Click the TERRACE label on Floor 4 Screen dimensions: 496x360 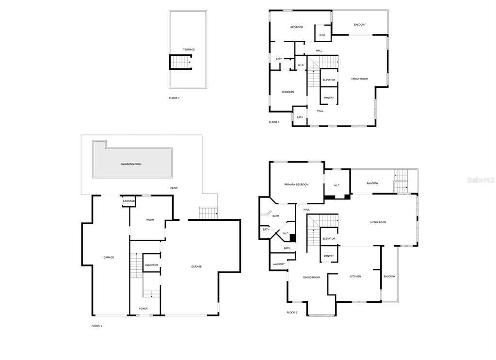(x=189, y=49)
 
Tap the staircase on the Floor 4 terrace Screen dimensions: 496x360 (x=181, y=62)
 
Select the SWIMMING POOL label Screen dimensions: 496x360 (x=131, y=164)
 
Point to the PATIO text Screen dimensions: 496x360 (x=174, y=188)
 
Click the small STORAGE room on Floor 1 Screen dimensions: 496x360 (x=129, y=201)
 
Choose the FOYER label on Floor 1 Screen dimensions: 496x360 (x=144, y=309)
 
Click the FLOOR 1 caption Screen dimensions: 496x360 (x=97, y=326)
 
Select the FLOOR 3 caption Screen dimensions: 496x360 (x=274, y=122)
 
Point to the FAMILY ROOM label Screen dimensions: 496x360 (x=360, y=79)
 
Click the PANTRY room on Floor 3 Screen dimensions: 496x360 (x=329, y=96)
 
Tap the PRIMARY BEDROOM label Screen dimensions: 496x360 (x=296, y=184)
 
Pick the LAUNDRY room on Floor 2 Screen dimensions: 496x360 (x=279, y=262)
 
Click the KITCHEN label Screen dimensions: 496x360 (x=355, y=277)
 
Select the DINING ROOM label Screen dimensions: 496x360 (x=311, y=278)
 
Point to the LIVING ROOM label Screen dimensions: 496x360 (x=378, y=222)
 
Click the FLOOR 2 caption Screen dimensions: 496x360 (x=292, y=312)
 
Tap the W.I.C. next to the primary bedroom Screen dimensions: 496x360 (x=336, y=185)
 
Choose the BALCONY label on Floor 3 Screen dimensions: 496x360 (x=360, y=25)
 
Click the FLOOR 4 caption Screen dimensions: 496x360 (x=174, y=98)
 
